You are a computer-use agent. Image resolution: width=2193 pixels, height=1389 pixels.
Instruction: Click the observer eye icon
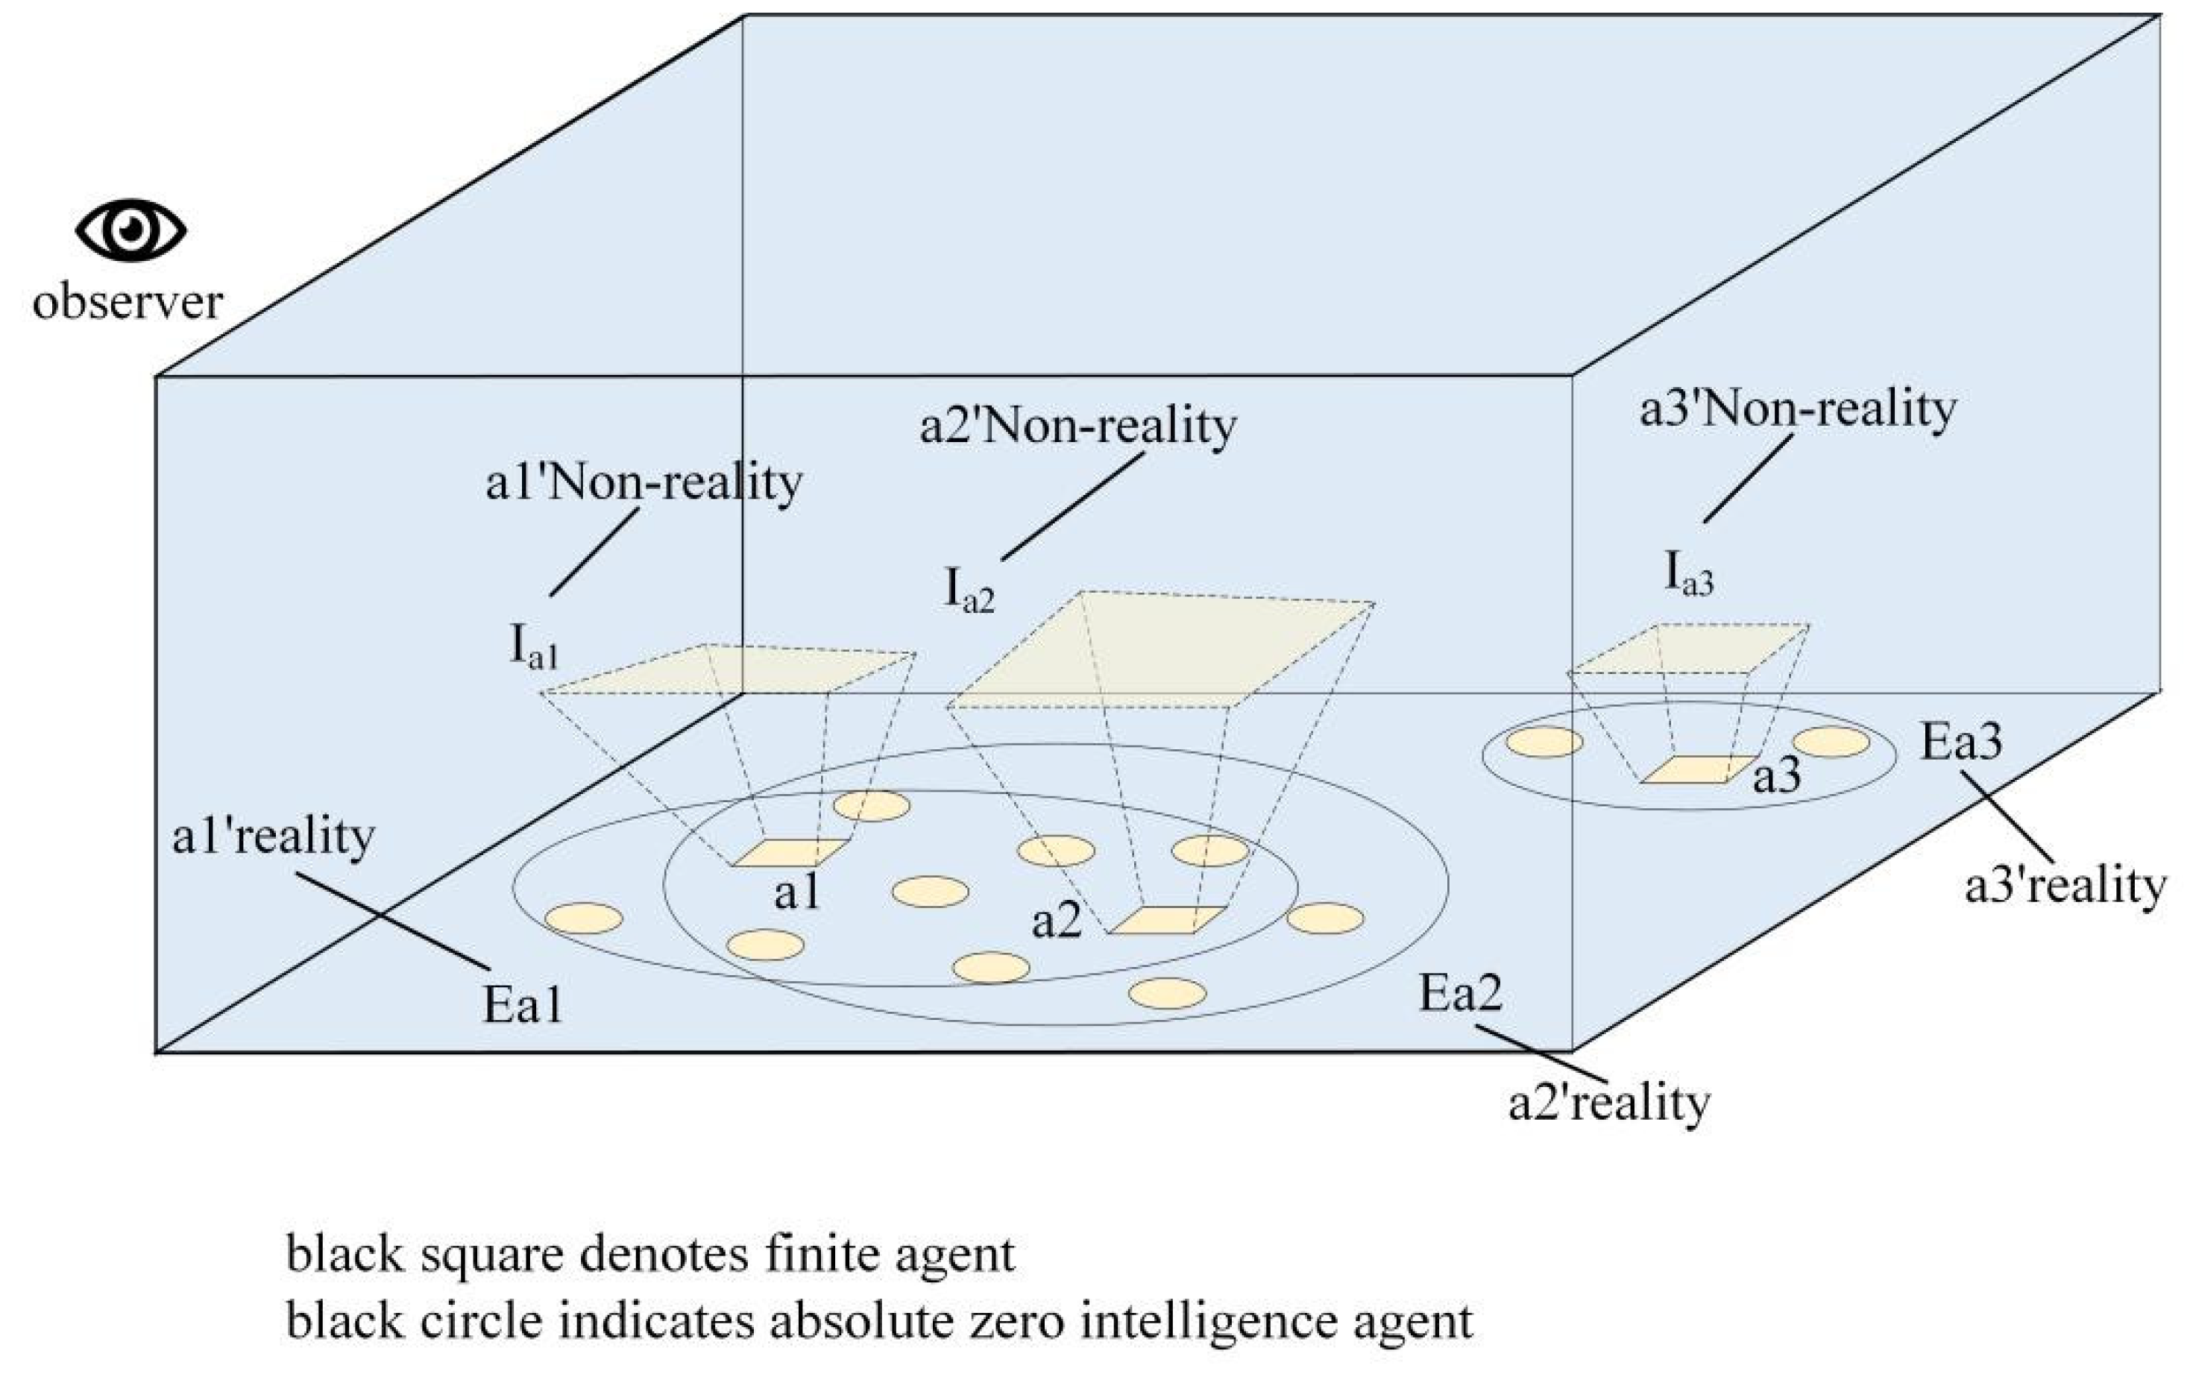(131, 230)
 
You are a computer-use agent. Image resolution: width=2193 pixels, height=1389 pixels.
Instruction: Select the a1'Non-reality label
(644, 482)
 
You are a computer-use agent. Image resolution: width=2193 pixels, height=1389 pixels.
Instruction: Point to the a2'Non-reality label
(1078, 426)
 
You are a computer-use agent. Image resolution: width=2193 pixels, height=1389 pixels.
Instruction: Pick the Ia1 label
(532, 648)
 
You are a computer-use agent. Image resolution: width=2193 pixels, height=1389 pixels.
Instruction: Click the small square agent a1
(790, 852)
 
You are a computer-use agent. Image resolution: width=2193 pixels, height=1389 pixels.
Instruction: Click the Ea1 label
(522, 1007)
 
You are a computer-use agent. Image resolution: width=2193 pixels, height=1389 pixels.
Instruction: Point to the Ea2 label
(1461, 994)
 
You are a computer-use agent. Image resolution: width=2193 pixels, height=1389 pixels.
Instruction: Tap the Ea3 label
(1962, 743)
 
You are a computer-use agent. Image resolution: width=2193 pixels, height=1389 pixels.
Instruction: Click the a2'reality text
(1609, 1104)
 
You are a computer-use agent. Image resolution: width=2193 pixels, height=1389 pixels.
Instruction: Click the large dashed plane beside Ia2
(1161, 649)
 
